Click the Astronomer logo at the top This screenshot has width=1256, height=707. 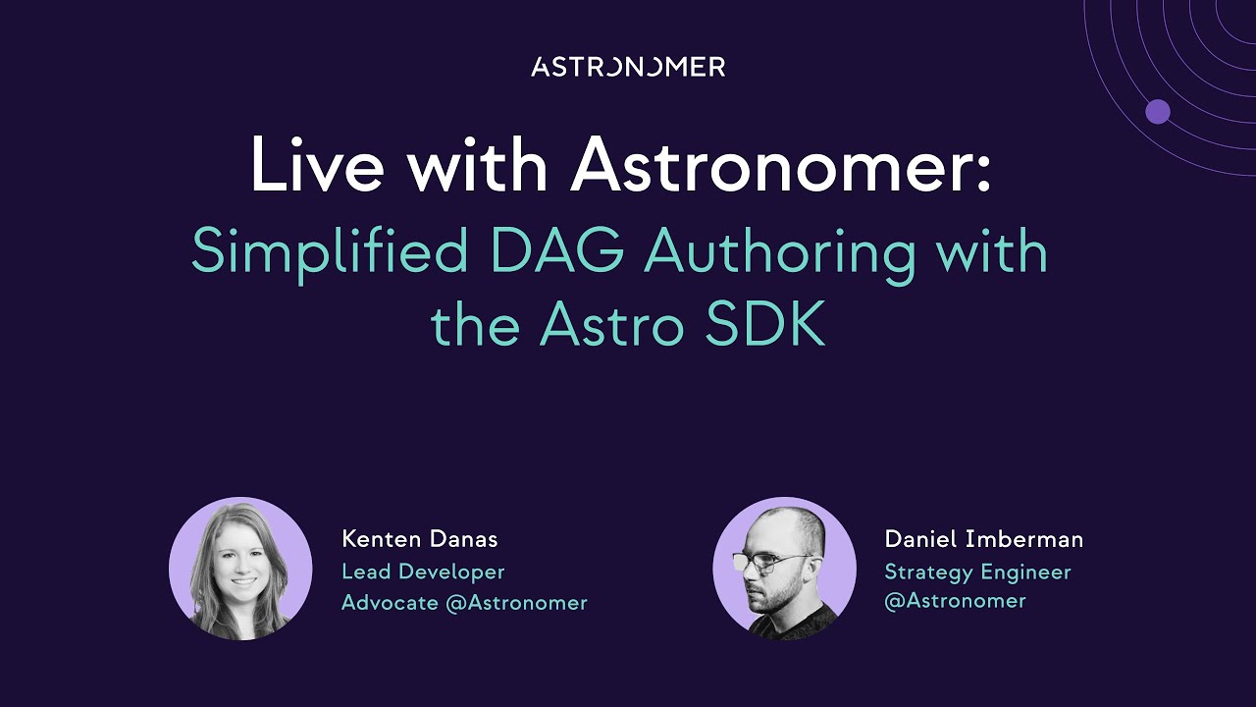pyautogui.click(x=628, y=67)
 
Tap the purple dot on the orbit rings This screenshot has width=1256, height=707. pyautogui.click(x=1158, y=112)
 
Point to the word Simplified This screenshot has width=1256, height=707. pyautogui.click(x=330, y=253)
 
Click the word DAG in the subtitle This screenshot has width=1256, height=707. pyautogui.click(x=557, y=251)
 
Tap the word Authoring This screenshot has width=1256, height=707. pyautogui.click(x=780, y=253)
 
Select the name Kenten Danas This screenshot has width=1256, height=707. pyautogui.click(x=420, y=539)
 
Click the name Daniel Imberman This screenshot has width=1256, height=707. pyautogui.click(x=984, y=539)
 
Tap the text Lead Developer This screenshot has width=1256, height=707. pyautogui.click(x=423, y=571)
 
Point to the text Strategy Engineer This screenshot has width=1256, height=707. pyautogui.click(x=977, y=571)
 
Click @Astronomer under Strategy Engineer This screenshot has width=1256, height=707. pyautogui.click(x=955, y=601)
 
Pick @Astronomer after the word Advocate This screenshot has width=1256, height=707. pyautogui.click(x=516, y=603)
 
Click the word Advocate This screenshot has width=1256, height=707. pyautogui.click(x=390, y=603)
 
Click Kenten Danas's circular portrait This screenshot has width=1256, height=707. pyautogui.click(x=240, y=569)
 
